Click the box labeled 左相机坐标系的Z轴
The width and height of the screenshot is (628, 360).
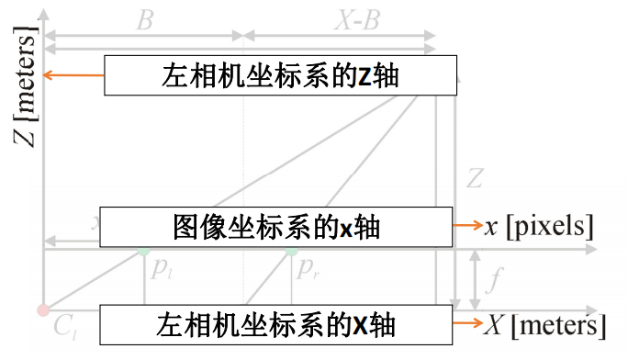[280, 75]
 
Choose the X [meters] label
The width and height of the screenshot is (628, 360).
[545, 324]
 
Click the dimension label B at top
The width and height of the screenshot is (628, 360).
[144, 20]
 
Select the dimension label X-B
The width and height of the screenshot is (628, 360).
[355, 20]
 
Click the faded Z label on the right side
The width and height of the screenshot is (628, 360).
[475, 177]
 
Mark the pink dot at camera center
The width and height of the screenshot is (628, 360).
[42, 310]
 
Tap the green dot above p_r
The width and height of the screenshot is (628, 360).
[291, 250]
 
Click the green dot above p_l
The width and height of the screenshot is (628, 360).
[143, 250]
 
